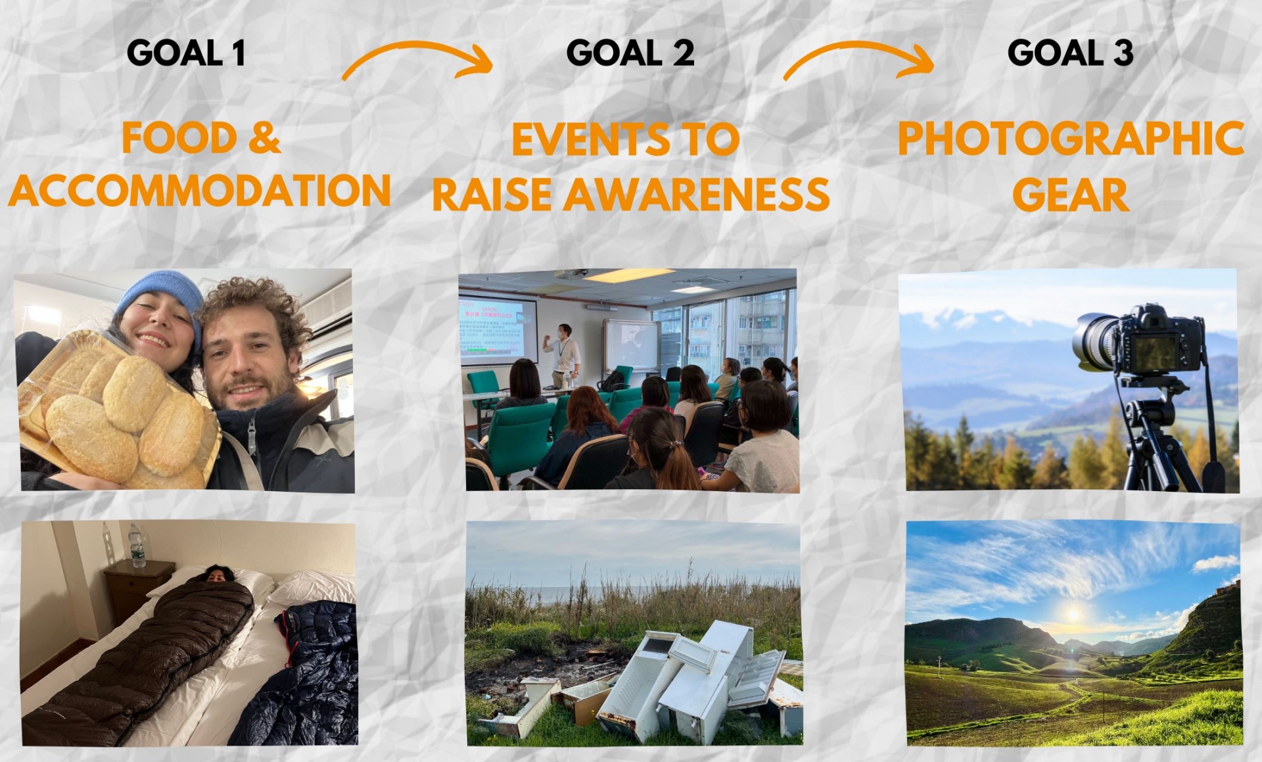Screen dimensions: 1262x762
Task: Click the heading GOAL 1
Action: [186, 53]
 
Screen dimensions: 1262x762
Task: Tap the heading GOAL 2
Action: [630, 53]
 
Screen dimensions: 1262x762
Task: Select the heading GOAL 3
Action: [1070, 53]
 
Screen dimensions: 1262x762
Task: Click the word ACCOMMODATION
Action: [200, 191]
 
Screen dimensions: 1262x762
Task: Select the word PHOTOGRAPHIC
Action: [1071, 139]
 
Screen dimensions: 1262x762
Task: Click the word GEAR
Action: [1071, 195]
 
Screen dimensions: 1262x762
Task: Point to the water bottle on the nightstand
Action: [137, 545]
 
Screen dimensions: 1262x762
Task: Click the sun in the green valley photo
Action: [1073, 615]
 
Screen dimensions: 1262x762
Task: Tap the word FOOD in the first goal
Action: [179, 138]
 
